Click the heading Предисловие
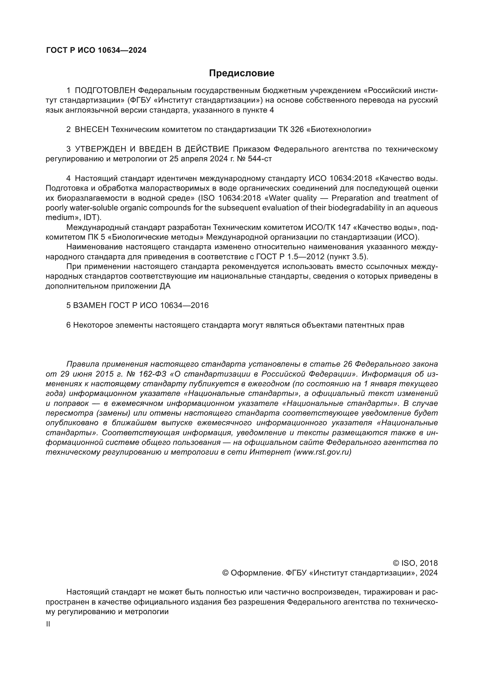241,73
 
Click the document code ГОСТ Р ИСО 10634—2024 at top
96,50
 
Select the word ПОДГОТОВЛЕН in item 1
105,91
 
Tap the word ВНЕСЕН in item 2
92,129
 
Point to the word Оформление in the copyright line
257,573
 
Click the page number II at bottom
48,624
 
